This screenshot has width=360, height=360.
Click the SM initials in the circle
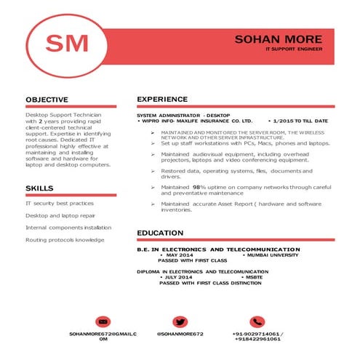[66, 44]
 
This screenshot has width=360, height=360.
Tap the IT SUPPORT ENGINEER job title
[294, 49]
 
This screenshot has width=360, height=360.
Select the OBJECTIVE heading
[47, 100]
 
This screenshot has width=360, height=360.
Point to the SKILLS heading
[39, 188]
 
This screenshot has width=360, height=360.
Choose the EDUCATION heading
[161, 233]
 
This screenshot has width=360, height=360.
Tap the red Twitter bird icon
[180, 321]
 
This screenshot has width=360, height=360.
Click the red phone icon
[257, 321]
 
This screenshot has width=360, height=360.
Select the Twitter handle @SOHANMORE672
[180, 333]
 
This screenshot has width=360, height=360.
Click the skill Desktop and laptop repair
[60, 216]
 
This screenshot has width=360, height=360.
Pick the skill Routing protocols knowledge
[65, 239]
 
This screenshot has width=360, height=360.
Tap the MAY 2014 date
[179, 256]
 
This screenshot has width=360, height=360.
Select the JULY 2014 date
[179, 277]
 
